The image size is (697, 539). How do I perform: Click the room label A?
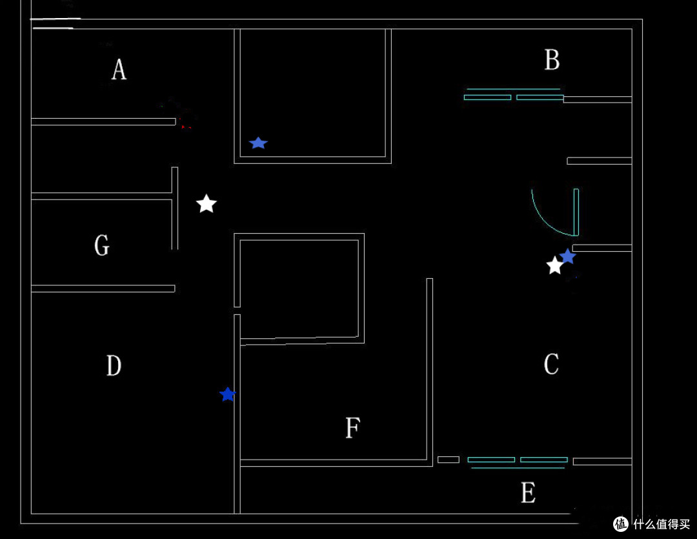[x=119, y=70]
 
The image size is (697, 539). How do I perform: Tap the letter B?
[x=552, y=59]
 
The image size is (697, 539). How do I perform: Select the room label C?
[x=551, y=364]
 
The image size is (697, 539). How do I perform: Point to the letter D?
[x=114, y=365]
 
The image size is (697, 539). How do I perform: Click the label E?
[x=528, y=493]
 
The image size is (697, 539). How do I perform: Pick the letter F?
[x=353, y=428]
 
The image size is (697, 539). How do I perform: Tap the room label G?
[x=102, y=245]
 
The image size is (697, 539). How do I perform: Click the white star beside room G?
[x=207, y=204]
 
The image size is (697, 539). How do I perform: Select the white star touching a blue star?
[x=554, y=265]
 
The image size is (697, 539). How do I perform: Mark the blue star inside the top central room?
[x=258, y=143]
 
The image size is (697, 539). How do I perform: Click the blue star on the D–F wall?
[x=228, y=394]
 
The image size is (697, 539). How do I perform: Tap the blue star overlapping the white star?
[x=568, y=256]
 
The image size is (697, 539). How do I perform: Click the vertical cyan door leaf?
[x=576, y=212]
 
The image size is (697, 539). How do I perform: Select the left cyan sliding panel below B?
[x=487, y=97]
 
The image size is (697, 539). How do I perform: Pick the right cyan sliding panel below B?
[x=540, y=97]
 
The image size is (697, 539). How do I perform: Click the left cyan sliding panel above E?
[x=491, y=460]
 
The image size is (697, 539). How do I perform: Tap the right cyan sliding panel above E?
[x=544, y=460]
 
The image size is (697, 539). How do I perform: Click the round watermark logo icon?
[x=621, y=524]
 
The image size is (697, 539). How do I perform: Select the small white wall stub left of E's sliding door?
[x=449, y=460]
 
